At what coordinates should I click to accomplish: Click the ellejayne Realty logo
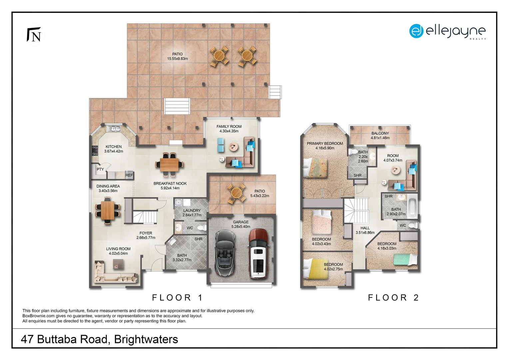[447, 32]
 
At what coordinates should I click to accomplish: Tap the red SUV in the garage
[258, 254]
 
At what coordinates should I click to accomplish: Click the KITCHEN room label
[114, 147]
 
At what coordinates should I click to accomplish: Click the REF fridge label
[129, 175]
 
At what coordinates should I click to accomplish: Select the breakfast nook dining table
[169, 164]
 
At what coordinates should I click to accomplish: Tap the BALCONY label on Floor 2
[380, 133]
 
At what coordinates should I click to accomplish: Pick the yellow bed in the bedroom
[315, 269]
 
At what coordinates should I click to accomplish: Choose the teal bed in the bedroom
[405, 259]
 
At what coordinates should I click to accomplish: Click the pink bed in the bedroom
[321, 222]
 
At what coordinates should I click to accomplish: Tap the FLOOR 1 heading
[177, 298]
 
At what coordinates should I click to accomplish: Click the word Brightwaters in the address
[146, 339]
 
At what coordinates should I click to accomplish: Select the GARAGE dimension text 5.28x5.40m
[241, 227]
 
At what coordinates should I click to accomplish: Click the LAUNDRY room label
[192, 211]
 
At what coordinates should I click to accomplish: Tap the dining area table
[108, 211]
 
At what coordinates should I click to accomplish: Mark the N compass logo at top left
[34, 35]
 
